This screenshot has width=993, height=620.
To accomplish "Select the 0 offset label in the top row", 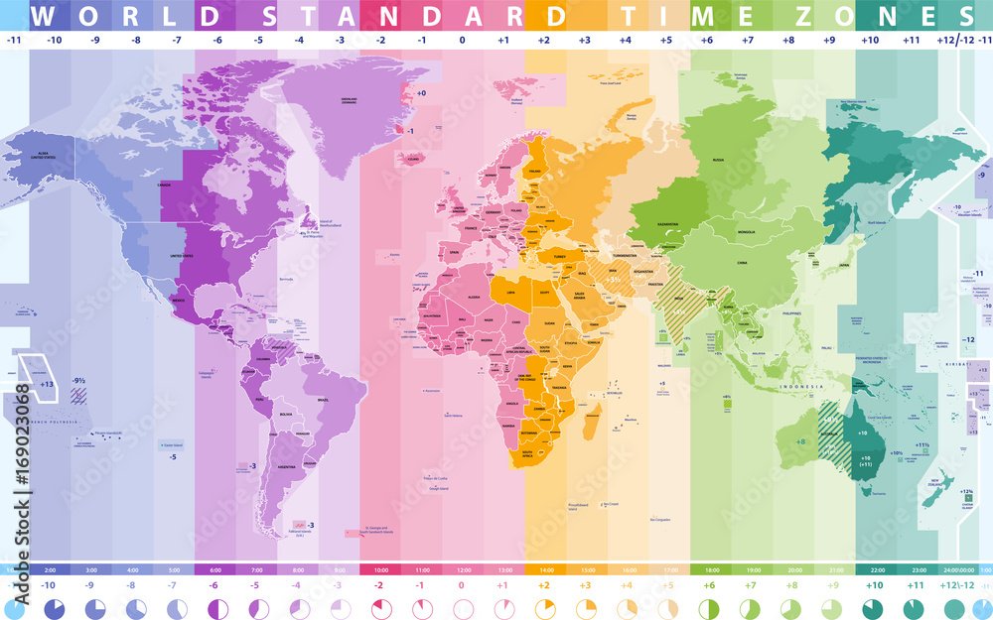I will [462, 40].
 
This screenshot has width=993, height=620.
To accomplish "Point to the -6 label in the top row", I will [215, 40].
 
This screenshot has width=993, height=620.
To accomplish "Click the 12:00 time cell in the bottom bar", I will [462, 570].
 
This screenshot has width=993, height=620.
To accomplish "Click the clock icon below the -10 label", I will [55, 608].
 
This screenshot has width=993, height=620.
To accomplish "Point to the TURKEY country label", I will [552, 255].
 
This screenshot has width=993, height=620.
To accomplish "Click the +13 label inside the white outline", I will [47, 383].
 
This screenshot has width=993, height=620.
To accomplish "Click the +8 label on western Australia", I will [800, 441].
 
